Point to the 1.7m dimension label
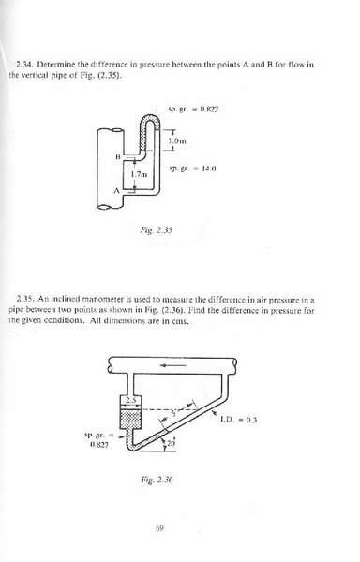click(142, 174)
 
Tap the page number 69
click(160, 528)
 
